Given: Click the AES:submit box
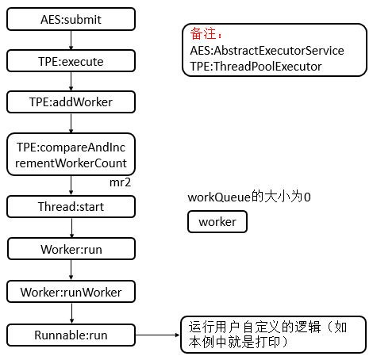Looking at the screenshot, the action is (71, 19).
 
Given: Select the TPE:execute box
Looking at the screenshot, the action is (71, 61).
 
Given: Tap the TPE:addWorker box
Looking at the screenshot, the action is (71, 102).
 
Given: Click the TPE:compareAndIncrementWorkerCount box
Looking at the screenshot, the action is (71, 155).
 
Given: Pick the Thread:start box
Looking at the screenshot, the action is (71, 206).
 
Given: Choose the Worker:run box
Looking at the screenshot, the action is (71, 249).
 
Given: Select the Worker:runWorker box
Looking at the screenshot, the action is (71, 292).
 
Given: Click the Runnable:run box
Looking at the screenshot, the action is (71, 335).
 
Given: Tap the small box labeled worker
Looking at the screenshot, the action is (217, 222).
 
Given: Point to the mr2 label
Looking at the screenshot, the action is (120, 182).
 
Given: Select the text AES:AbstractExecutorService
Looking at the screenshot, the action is (267, 51).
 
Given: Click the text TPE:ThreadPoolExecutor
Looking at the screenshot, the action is (256, 67).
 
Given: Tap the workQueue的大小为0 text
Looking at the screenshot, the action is (249, 197).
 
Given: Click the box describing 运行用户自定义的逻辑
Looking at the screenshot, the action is (274, 335).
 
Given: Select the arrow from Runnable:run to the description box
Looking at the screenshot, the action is (158, 335).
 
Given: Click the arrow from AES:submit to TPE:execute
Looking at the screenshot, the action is (71, 40).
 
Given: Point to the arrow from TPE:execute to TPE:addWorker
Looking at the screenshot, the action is (71, 82).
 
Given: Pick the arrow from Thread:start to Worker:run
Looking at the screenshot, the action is (71, 228).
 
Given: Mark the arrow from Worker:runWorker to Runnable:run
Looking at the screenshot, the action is (71, 313).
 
